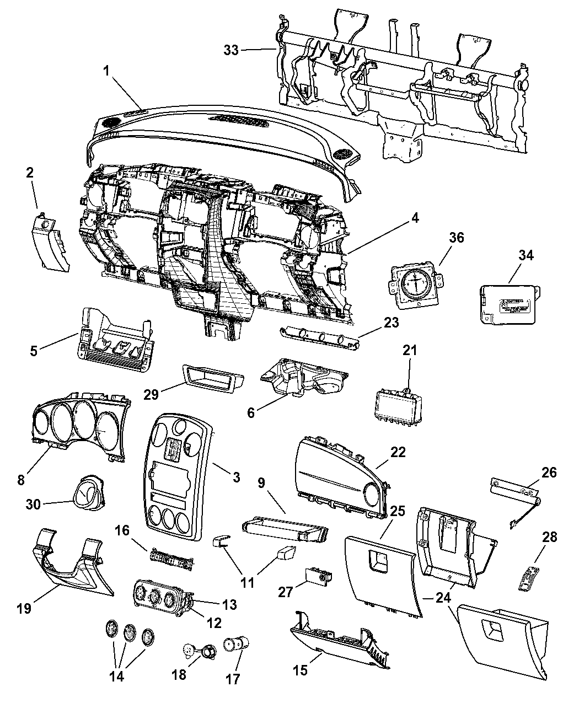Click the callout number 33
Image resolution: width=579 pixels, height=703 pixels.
click(x=231, y=50)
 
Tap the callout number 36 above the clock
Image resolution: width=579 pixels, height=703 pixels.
click(x=456, y=238)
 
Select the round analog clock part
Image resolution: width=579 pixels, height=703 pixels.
click(x=414, y=283)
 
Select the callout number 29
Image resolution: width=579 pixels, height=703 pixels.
click(x=151, y=394)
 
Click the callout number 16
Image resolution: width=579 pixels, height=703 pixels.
click(x=122, y=530)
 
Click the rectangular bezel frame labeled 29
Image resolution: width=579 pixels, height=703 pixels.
click(x=210, y=377)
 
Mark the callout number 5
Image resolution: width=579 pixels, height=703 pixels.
click(x=34, y=350)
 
